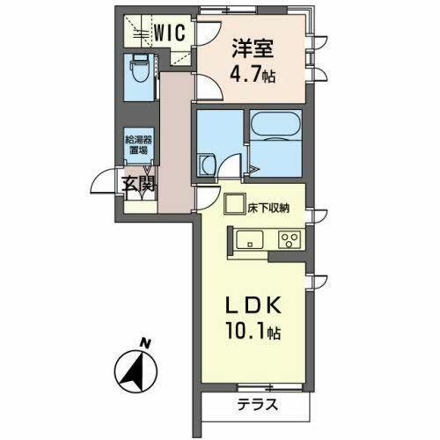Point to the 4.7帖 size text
click(253, 76)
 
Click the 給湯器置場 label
click(138, 144)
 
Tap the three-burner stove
click(288, 238)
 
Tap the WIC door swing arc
click(203, 33)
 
